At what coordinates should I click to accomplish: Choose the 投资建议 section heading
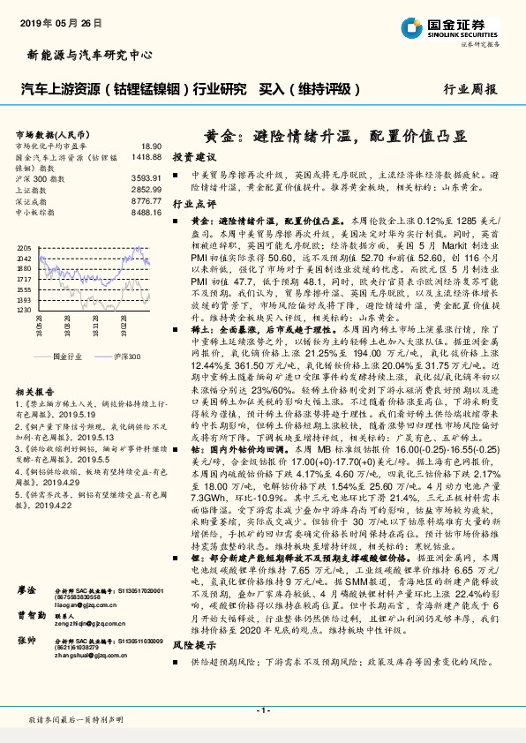[x=194, y=156]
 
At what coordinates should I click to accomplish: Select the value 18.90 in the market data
[x=151, y=145]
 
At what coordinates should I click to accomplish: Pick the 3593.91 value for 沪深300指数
[x=146, y=178]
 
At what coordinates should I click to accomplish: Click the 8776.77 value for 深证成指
[x=146, y=200]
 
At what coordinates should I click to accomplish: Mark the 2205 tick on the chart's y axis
[x=23, y=249]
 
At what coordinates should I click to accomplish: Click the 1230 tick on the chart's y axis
[x=23, y=311]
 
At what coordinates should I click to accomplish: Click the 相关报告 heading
[x=36, y=391]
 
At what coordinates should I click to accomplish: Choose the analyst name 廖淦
[x=26, y=589]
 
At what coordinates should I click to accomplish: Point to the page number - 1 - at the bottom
[x=263, y=710]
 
